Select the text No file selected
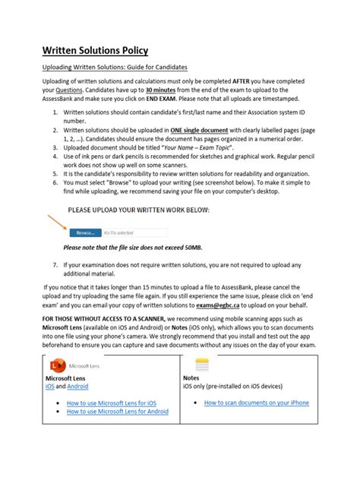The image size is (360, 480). tap(119, 232)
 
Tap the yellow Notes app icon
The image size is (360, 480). tap(202, 363)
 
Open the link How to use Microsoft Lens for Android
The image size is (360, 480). tap(118, 412)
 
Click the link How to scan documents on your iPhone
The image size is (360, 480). tap(256, 403)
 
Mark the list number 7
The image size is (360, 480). tap(55, 264)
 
